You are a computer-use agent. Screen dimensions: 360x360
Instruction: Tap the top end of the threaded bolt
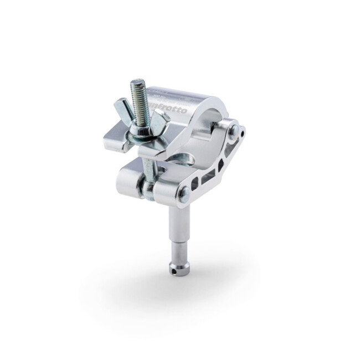137,83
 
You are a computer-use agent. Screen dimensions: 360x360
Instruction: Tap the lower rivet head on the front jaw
184,195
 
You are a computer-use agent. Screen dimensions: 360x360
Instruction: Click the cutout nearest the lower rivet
193,181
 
